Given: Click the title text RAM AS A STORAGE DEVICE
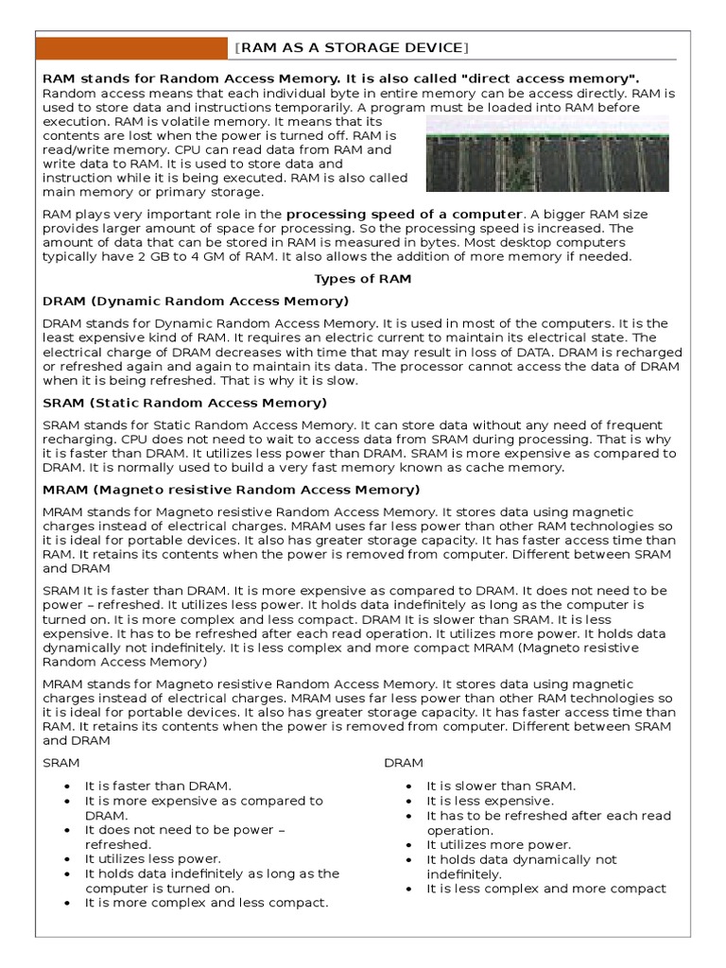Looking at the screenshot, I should tap(353, 47).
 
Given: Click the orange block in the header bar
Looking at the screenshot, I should tap(132, 47).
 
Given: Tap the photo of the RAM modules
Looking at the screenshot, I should tap(547, 154).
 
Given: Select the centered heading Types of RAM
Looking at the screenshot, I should tap(362, 279).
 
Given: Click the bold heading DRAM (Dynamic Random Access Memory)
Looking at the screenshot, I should tap(196, 301).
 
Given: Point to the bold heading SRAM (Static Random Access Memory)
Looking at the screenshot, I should tap(184, 403).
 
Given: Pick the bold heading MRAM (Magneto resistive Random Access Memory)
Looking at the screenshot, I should tap(232, 490).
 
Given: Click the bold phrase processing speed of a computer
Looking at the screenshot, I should tap(404, 214).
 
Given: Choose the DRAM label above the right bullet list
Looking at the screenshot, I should tap(404, 763).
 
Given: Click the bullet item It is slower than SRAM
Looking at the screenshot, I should tap(501, 786).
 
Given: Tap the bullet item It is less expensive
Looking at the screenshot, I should tap(490, 801).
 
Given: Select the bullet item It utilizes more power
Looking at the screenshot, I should tap(498, 844).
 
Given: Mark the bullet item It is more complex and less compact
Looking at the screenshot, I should tap(206, 903).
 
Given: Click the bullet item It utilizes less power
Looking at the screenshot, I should tap(152, 858).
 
